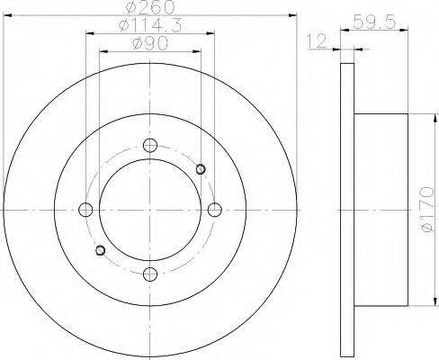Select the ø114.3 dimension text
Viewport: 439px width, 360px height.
tap(150, 25)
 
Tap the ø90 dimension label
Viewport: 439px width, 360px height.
tap(150, 44)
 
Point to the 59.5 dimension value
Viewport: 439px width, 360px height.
tap(374, 22)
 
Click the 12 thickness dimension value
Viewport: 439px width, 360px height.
tap(316, 41)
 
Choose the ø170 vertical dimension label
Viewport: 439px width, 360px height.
tap(427, 210)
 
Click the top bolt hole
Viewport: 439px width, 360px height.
tap(150, 146)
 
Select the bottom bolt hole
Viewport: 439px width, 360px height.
tap(150, 274)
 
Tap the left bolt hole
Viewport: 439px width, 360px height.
tap(85, 210)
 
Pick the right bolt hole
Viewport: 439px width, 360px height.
tap(215, 210)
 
